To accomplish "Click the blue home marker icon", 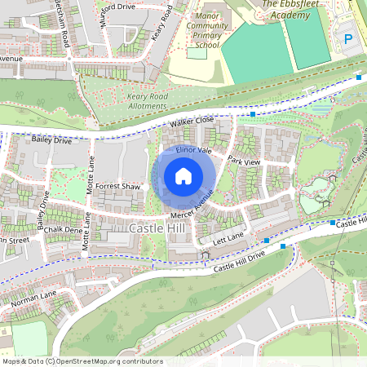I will point(183,175).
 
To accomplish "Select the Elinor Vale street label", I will point(193,150).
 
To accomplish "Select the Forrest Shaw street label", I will point(118,186).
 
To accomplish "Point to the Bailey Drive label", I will point(52,140).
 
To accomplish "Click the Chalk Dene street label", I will point(64,231).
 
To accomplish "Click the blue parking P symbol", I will point(348,39).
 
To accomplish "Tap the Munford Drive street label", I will point(115,6).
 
